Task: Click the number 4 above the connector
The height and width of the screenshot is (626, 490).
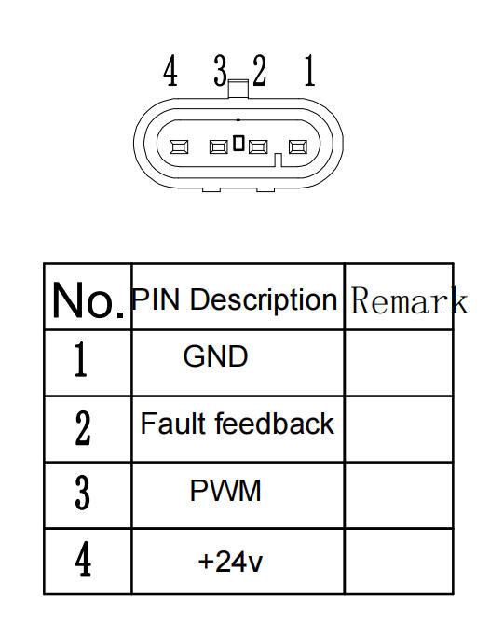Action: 170,71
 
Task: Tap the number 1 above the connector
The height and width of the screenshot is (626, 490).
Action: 309,71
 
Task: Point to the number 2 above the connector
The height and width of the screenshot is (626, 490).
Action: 259,71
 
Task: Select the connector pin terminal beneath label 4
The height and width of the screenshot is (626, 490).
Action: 179,146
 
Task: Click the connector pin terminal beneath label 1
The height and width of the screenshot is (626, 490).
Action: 298,146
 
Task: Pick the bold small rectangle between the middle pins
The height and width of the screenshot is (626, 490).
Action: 238,143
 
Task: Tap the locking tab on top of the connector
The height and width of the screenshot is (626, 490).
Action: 238,89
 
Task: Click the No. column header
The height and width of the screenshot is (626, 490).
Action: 88,300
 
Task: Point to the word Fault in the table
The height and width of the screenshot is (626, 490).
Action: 174,424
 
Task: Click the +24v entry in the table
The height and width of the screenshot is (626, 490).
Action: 230,562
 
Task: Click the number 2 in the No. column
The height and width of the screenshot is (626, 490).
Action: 83,428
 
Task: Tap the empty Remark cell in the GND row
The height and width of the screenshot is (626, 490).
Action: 399,363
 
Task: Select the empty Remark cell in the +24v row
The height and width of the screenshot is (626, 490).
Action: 399,562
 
